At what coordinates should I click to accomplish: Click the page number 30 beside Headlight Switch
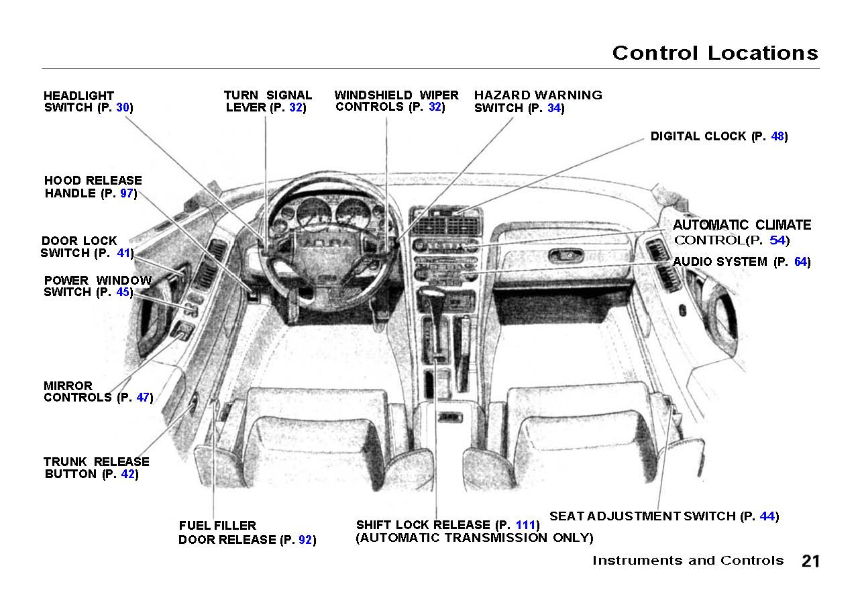tap(123, 107)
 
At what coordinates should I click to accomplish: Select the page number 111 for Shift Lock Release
tap(526, 525)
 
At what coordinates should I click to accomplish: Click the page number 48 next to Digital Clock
tap(777, 136)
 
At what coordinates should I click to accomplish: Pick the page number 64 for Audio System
tap(801, 262)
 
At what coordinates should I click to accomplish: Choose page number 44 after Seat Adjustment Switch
tap(767, 516)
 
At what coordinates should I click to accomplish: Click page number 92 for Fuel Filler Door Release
tap(305, 540)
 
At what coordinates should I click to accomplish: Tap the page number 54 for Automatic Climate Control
tap(777, 240)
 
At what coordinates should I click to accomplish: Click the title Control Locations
tap(715, 53)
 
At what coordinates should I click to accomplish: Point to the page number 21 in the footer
tap(810, 561)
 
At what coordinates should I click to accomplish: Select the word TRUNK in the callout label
tap(66, 462)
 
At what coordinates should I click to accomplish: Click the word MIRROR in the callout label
tap(68, 386)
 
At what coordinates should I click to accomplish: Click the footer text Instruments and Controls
tap(688, 561)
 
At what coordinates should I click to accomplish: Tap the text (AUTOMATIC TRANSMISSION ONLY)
tap(474, 538)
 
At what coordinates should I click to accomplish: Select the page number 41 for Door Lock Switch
tap(123, 253)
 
